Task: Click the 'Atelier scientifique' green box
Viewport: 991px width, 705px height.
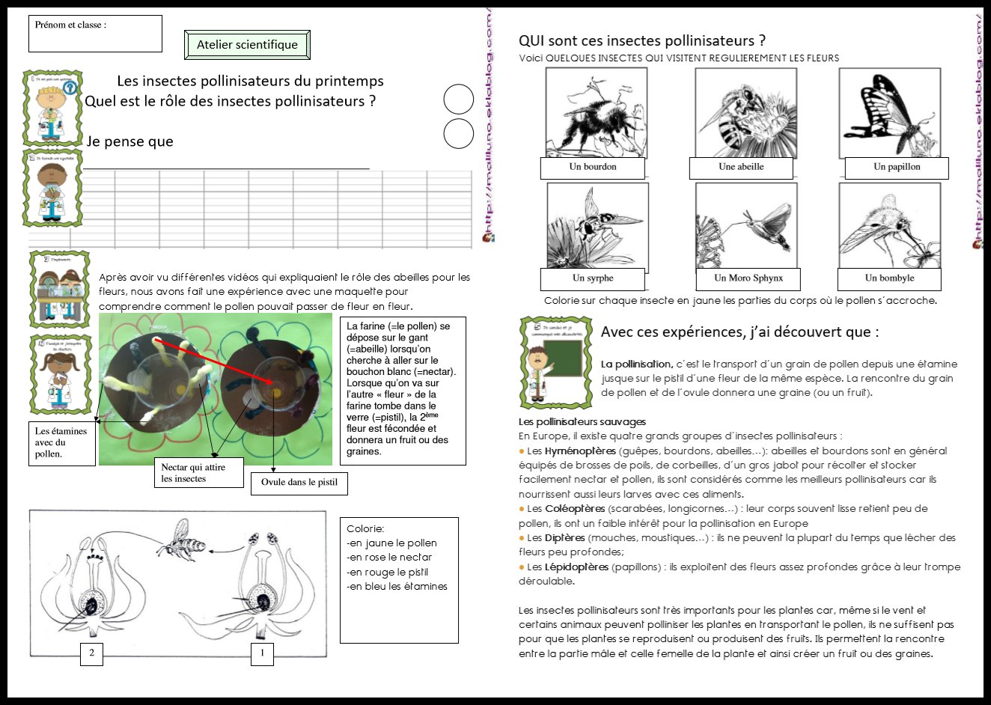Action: tap(247, 45)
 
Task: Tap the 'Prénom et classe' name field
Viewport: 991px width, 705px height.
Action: tap(95, 34)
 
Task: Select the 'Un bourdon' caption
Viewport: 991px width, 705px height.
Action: tap(592, 168)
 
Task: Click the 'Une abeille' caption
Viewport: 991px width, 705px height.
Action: tap(740, 168)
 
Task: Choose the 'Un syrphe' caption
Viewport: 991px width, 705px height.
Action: tap(592, 278)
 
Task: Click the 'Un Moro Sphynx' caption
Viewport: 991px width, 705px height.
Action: tap(748, 278)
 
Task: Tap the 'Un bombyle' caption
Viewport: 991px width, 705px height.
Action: tap(889, 278)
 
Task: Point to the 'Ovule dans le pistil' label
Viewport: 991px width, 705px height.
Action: tap(299, 483)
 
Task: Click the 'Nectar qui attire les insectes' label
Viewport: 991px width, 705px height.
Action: tap(198, 473)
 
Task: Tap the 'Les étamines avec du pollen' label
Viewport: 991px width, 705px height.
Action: tap(61, 443)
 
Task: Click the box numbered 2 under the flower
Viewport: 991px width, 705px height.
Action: tap(91, 653)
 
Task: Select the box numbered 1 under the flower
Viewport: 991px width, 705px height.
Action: tap(262, 653)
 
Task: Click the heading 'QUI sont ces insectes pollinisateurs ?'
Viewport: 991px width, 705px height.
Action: tap(641, 41)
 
